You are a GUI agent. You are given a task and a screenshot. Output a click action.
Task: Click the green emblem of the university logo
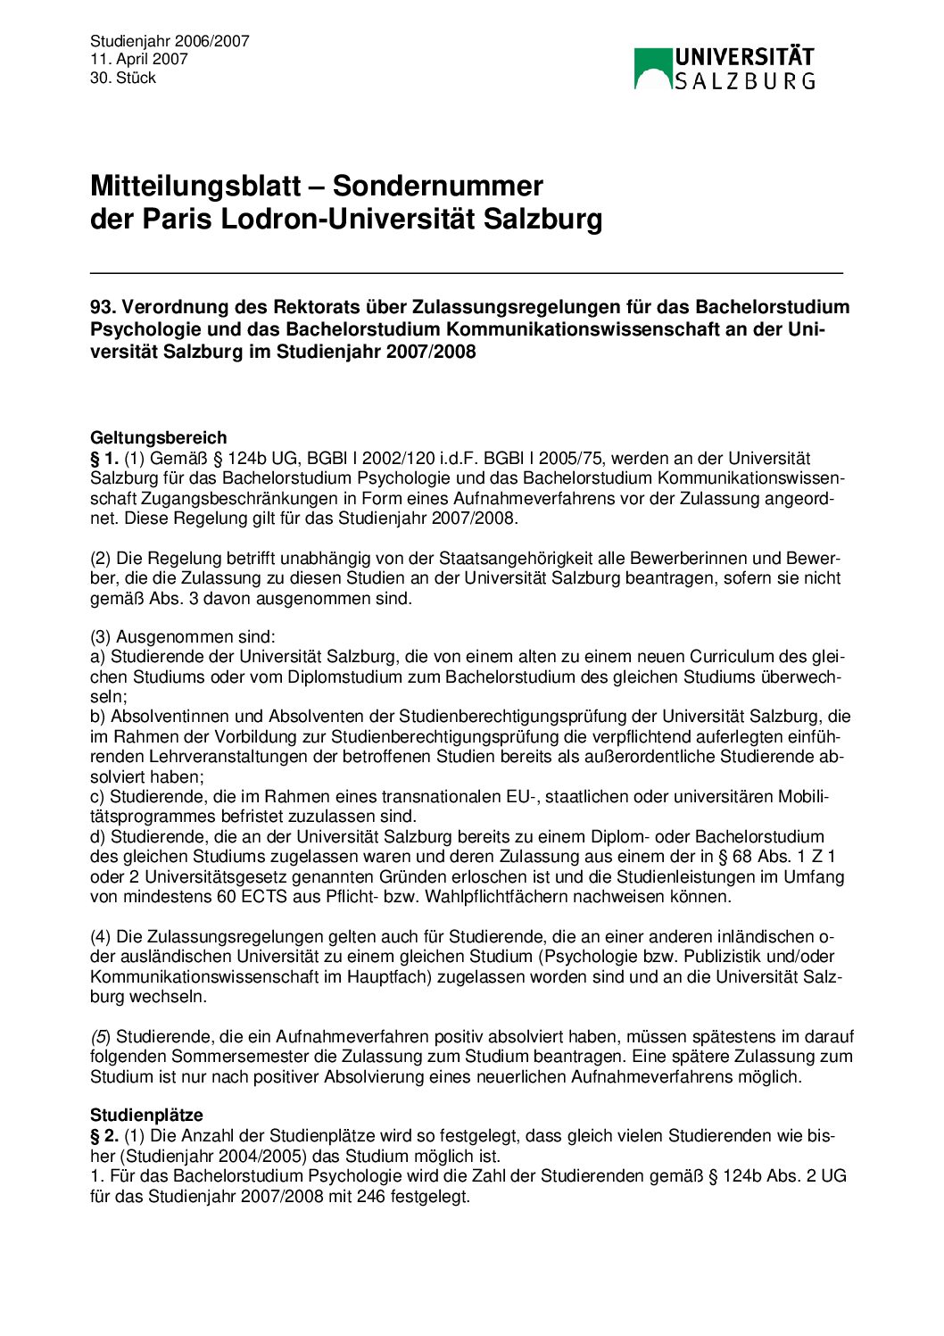[x=651, y=69]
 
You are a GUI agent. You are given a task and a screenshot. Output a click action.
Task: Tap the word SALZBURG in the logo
[x=744, y=81]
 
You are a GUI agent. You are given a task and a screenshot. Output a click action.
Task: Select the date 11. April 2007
[x=139, y=59]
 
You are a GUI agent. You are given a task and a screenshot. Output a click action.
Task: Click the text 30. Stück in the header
[x=123, y=78]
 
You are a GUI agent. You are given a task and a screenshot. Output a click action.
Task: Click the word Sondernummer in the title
[x=437, y=186]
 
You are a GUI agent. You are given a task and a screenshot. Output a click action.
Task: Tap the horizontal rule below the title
[x=467, y=272]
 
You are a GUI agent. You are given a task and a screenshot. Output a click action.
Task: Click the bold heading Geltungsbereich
[x=159, y=437]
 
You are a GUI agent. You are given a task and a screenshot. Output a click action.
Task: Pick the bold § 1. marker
[x=104, y=458]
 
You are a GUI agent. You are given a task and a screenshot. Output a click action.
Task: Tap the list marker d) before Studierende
[x=98, y=836]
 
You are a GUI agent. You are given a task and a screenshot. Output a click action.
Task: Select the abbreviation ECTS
[x=262, y=896]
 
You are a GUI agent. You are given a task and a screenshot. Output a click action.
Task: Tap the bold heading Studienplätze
[x=146, y=1115]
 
